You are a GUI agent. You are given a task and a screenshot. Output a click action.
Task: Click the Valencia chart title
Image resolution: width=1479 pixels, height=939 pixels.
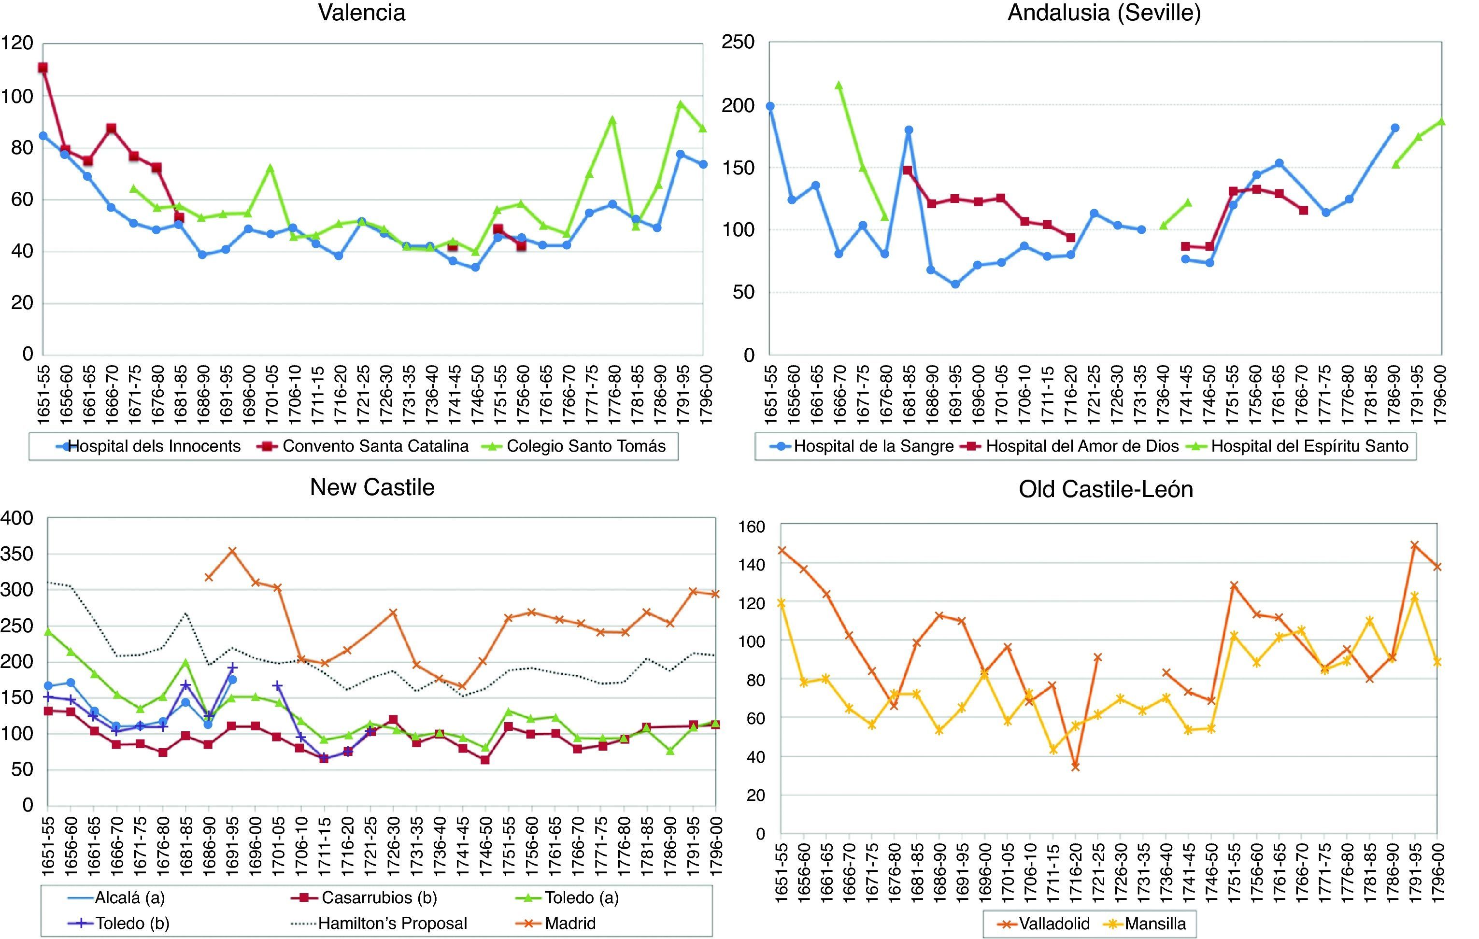(362, 13)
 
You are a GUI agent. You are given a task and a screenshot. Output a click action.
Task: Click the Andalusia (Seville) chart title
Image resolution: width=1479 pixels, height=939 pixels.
(1104, 13)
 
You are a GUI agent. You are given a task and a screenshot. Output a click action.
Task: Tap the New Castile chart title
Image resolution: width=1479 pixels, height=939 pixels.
(372, 487)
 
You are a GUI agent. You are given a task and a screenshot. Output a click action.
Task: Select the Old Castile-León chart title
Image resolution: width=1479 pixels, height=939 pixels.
(1106, 489)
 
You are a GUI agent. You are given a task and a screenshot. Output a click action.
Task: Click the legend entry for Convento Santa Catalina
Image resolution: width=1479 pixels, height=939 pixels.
(375, 446)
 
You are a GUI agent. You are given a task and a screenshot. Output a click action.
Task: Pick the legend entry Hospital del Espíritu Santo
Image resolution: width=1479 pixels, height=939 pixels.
(1309, 446)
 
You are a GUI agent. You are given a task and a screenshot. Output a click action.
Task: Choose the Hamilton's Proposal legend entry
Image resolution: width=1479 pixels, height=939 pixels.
(393, 923)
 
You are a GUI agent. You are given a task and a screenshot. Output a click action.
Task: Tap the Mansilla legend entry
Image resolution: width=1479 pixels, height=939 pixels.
(1155, 923)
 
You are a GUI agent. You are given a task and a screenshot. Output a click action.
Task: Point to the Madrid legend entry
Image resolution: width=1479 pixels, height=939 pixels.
(570, 923)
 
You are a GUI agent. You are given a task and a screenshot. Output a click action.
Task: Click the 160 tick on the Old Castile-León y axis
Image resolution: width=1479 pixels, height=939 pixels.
(753, 527)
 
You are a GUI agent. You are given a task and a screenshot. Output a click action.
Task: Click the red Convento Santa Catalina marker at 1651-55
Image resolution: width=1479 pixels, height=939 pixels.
(43, 68)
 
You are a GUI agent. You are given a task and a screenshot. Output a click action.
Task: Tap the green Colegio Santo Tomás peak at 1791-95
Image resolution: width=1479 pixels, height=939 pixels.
(681, 104)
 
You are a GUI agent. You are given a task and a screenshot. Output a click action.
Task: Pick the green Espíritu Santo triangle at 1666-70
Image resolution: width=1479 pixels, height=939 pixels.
(839, 85)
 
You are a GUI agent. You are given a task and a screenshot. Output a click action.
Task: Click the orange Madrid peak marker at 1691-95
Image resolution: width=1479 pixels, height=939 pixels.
(232, 551)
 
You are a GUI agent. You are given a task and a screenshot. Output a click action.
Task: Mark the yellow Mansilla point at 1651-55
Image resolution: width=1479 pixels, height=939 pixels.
(781, 603)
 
